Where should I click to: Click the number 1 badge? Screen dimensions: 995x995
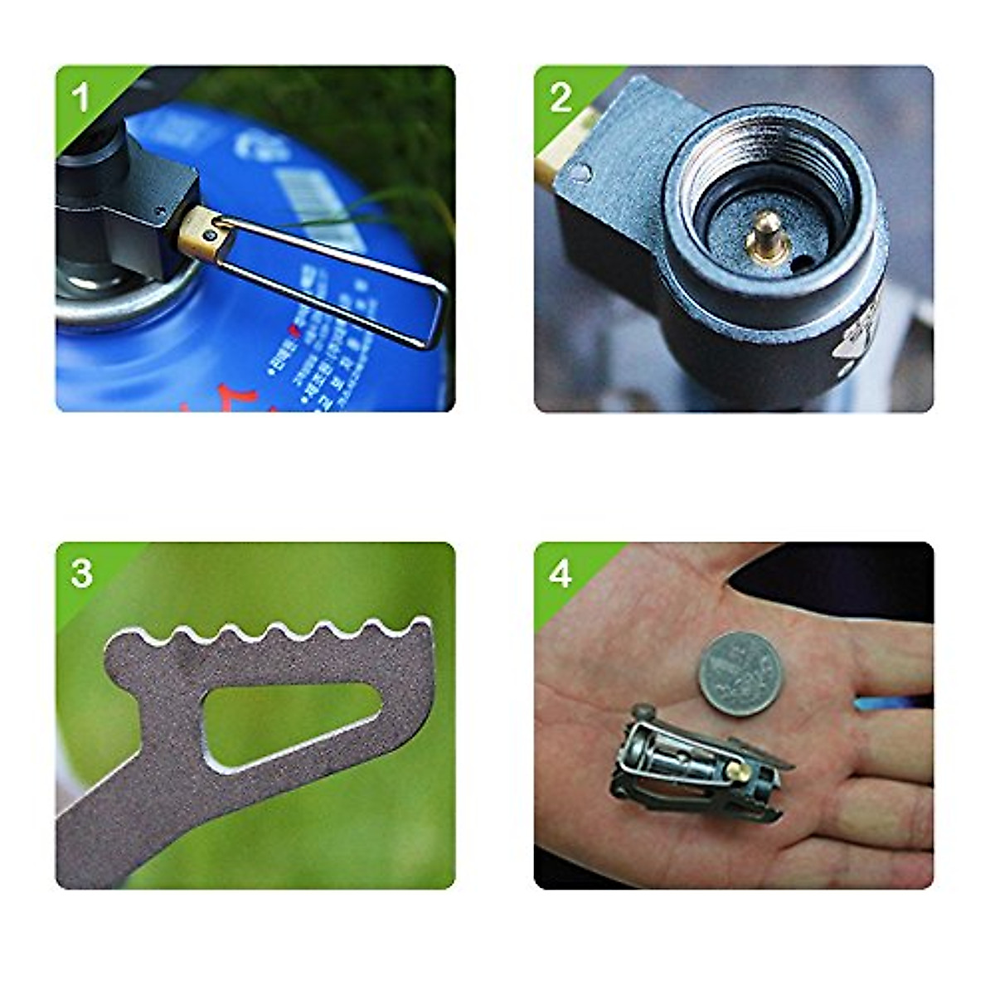point(80,97)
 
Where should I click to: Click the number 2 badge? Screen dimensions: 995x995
point(561,97)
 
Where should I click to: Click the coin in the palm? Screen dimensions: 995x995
point(740,674)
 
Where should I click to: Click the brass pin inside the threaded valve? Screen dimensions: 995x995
point(765,236)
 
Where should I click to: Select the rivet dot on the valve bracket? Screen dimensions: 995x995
point(582,172)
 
